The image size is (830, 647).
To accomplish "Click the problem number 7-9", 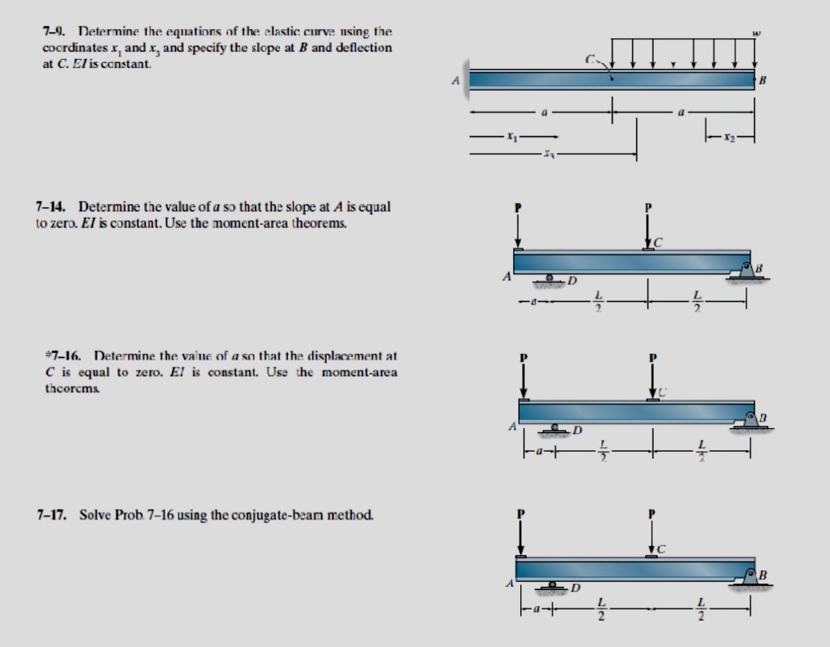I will [53, 32].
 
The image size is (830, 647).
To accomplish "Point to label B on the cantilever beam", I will [762, 81].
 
